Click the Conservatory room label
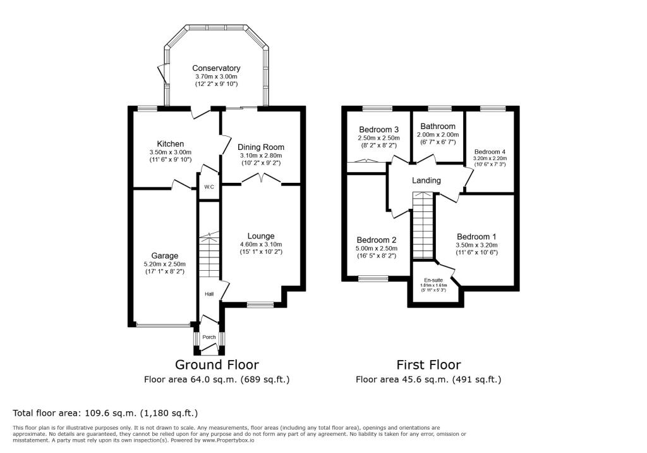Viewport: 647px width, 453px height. [216, 68]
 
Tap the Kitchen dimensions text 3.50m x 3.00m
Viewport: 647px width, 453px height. [170, 152]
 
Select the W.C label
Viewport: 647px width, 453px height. [209, 187]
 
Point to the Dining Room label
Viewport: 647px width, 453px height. [261, 147]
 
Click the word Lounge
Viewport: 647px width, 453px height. [260, 236]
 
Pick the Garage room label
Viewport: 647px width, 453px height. [164, 256]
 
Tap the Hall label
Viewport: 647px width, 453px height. [209, 294]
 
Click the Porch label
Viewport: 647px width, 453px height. [209, 337]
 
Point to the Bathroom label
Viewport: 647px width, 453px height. [437, 127]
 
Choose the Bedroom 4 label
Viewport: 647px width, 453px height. [490, 152]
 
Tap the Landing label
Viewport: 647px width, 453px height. [426, 180]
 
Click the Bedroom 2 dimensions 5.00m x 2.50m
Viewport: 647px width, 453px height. [377, 249]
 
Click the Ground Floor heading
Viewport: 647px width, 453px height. [217, 364]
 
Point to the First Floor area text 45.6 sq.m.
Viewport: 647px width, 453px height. [428, 380]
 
